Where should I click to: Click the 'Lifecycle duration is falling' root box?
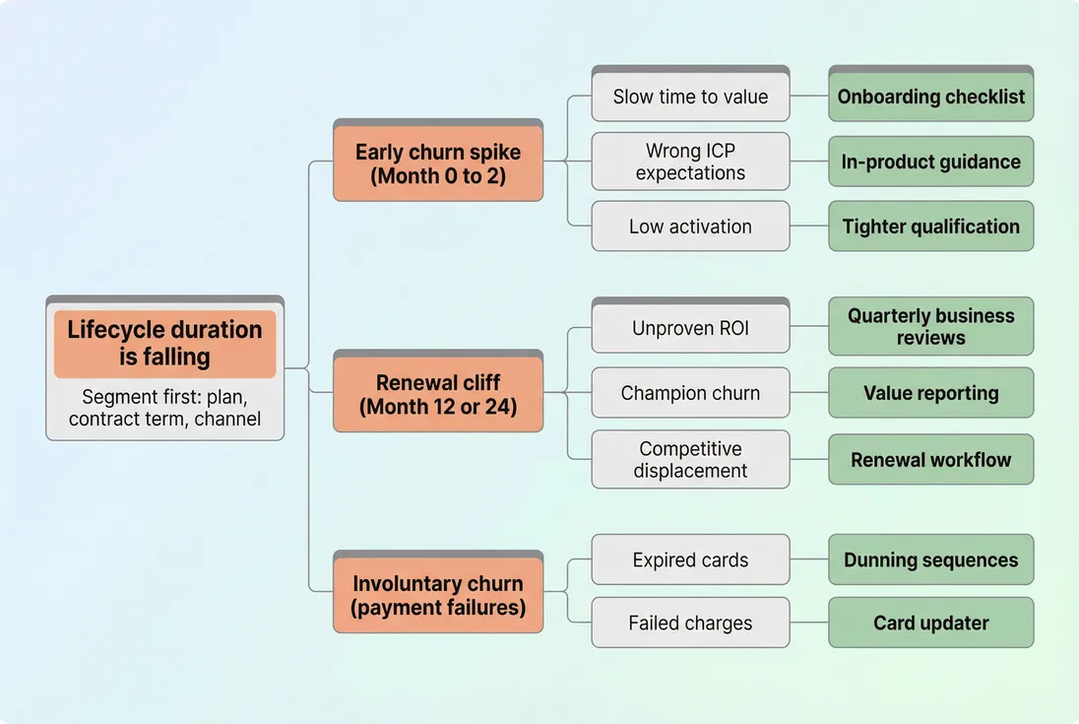click(x=164, y=344)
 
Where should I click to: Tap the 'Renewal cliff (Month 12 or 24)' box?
click(x=438, y=394)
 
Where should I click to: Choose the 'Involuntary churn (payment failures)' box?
click(x=438, y=595)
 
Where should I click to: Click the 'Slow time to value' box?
click(x=690, y=97)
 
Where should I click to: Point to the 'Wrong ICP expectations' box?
click(x=690, y=162)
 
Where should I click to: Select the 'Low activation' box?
click(x=690, y=227)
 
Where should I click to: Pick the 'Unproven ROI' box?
click(x=690, y=328)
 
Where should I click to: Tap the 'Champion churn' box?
click(x=690, y=393)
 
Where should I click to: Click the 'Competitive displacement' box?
click(x=690, y=459)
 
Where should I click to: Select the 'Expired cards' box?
click(x=690, y=559)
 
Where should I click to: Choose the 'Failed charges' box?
click(x=690, y=623)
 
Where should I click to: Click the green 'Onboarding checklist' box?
click(x=930, y=97)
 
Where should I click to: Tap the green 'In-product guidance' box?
click(x=930, y=162)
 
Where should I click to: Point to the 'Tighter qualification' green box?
click(x=930, y=227)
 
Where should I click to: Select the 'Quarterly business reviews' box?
click(x=930, y=327)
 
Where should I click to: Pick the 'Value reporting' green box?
click(x=930, y=393)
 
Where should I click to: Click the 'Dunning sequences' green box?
click(x=930, y=559)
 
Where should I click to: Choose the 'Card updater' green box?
click(x=930, y=623)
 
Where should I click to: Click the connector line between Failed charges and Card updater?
click(x=809, y=623)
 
